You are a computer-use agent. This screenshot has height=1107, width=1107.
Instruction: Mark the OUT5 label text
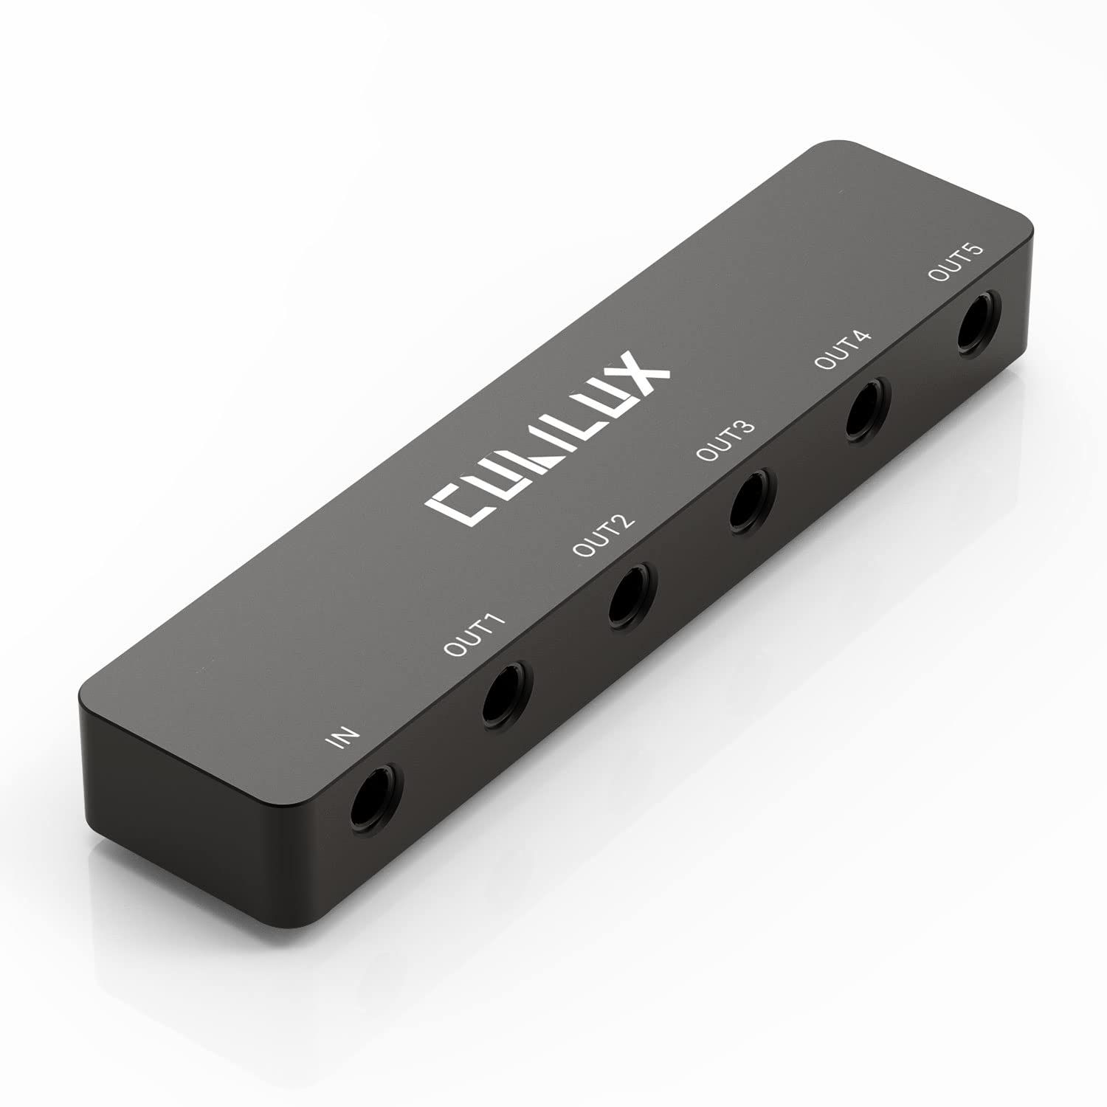point(955,262)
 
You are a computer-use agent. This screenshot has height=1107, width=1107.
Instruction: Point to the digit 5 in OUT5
point(976,250)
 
